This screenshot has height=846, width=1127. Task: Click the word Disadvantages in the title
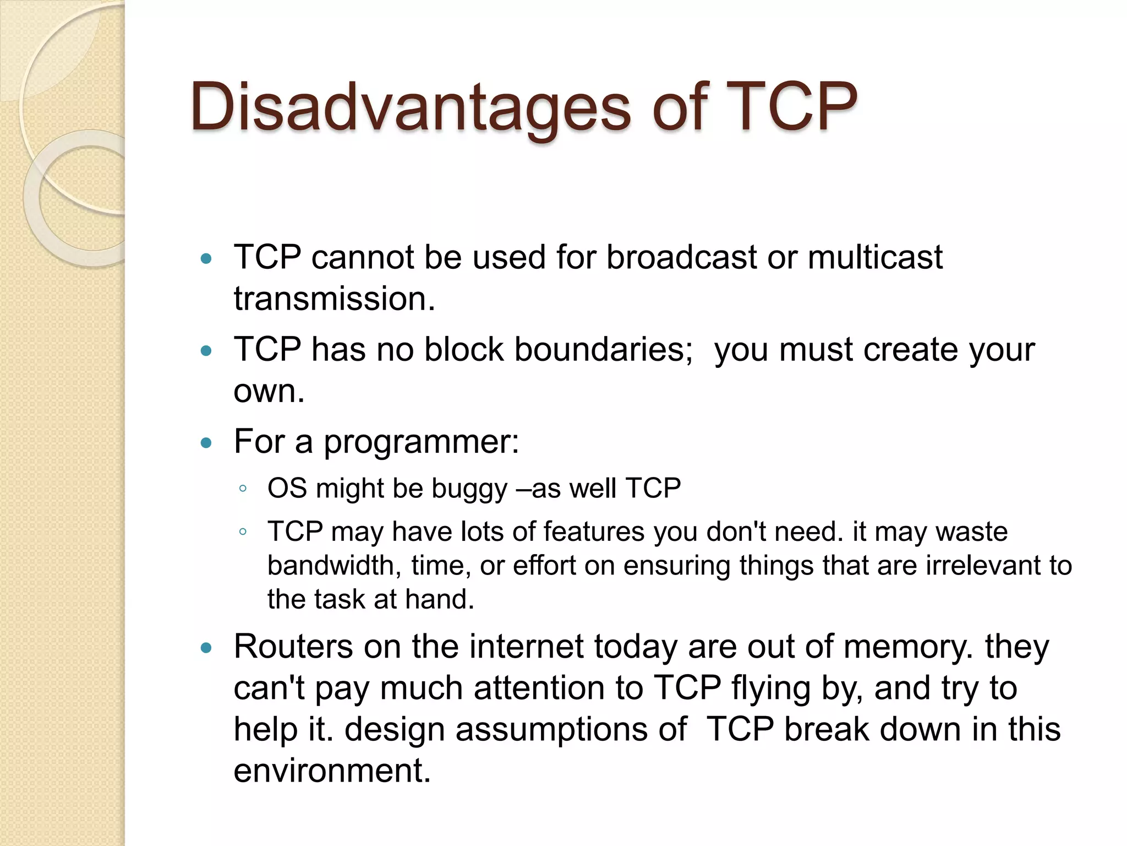(x=410, y=107)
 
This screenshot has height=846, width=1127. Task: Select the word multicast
(x=875, y=257)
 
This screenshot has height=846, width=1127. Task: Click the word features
(x=593, y=532)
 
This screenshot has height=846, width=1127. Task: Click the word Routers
(x=293, y=647)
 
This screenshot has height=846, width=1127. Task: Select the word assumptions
(x=570, y=730)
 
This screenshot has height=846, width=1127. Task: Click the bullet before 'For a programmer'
(x=206, y=443)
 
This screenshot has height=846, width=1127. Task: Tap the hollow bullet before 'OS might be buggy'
(x=243, y=489)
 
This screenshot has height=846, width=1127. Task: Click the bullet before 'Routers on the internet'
(x=206, y=648)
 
